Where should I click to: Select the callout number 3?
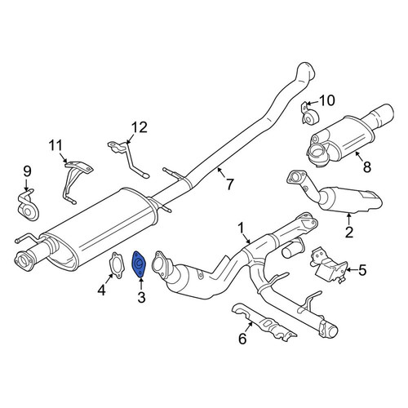pos(141,297)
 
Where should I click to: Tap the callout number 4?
pos(101,290)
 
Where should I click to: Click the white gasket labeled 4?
pos(116,265)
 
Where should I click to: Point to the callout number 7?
pos(230,184)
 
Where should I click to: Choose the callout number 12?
pos(140,127)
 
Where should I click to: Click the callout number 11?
pos(55,145)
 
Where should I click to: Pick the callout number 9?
pos(27,171)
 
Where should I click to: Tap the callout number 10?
pos(327,100)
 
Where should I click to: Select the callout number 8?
pos(367,166)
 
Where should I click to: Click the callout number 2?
pos(349,232)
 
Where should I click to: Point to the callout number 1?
pos(241,228)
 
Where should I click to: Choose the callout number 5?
pos(362,270)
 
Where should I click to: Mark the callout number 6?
pos(242,339)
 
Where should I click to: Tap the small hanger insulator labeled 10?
pos(309,114)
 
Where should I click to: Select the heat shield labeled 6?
pos(263,323)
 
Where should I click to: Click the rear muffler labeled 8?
pos(351,135)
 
